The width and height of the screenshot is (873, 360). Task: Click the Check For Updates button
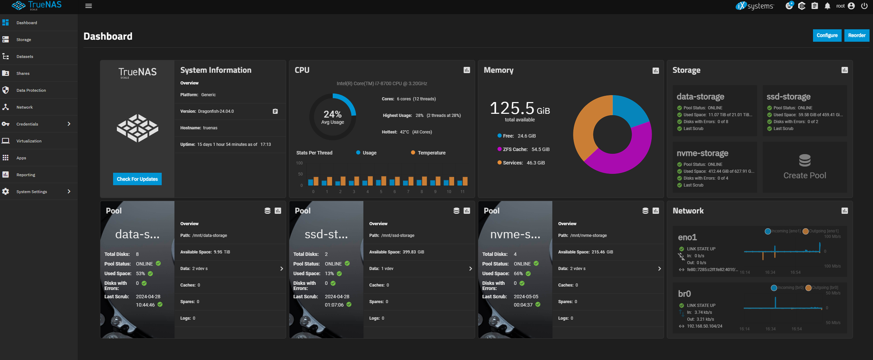[137, 179]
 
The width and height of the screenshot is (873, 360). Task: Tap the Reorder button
[857, 36]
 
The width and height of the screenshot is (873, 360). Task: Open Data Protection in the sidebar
[31, 90]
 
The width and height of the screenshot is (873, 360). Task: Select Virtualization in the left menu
[29, 141]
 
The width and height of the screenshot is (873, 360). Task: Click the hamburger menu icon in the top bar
[89, 6]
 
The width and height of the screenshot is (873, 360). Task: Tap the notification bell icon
[827, 6]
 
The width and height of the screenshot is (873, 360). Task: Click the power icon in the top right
[864, 6]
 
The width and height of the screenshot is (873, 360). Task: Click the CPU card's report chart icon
[467, 70]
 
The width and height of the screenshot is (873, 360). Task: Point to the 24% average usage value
[333, 114]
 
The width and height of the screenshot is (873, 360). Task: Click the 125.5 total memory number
[512, 108]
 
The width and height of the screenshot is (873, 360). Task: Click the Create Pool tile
[805, 167]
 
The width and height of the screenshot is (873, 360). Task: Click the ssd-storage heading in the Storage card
[789, 97]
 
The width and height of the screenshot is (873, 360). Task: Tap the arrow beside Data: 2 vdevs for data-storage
[282, 269]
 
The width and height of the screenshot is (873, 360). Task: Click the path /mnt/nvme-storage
[589, 236]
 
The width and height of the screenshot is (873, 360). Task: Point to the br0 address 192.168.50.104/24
[704, 326]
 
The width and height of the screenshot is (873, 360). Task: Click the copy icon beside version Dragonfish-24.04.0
[275, 111]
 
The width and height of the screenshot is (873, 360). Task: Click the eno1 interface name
[688, 237]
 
